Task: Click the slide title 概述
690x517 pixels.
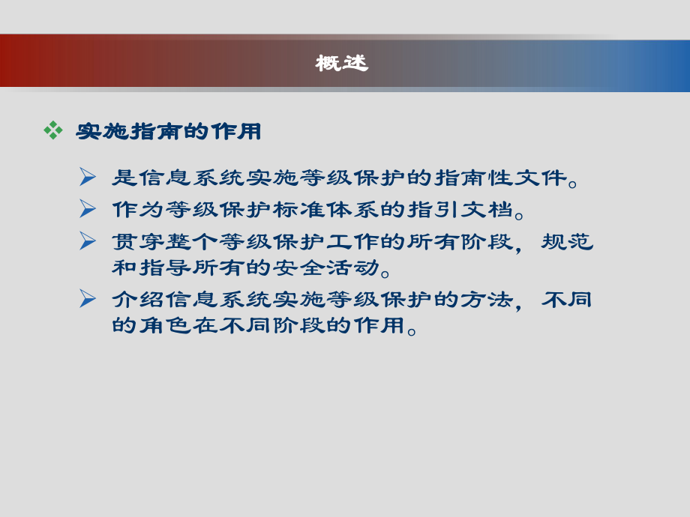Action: (342, 64)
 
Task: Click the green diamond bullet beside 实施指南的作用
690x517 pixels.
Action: (52, 130)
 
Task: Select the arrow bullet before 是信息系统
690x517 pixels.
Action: (88, 178)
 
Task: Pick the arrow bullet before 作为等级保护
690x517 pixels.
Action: (88, 208)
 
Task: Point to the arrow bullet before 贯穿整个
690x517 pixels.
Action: (88, 241)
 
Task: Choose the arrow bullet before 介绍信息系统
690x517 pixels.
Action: (88, 299)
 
